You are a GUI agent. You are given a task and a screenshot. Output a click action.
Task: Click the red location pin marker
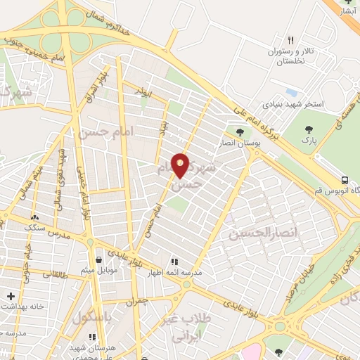coord(181,165)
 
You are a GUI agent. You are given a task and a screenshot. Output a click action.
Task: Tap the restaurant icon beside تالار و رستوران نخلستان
coord(291,41)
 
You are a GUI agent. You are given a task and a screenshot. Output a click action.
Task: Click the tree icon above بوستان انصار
coord(240,131)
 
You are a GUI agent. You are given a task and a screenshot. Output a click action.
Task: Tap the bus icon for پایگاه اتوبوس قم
coord(345,179)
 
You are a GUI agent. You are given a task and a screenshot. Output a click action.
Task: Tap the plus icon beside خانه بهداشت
coord(10,297)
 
